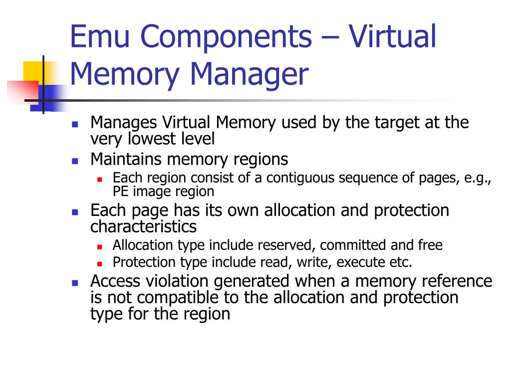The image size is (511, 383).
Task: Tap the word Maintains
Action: [x=126, y=160]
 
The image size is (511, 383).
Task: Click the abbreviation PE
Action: [x=120, y=191]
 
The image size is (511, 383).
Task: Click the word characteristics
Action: [x=143, y=227]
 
